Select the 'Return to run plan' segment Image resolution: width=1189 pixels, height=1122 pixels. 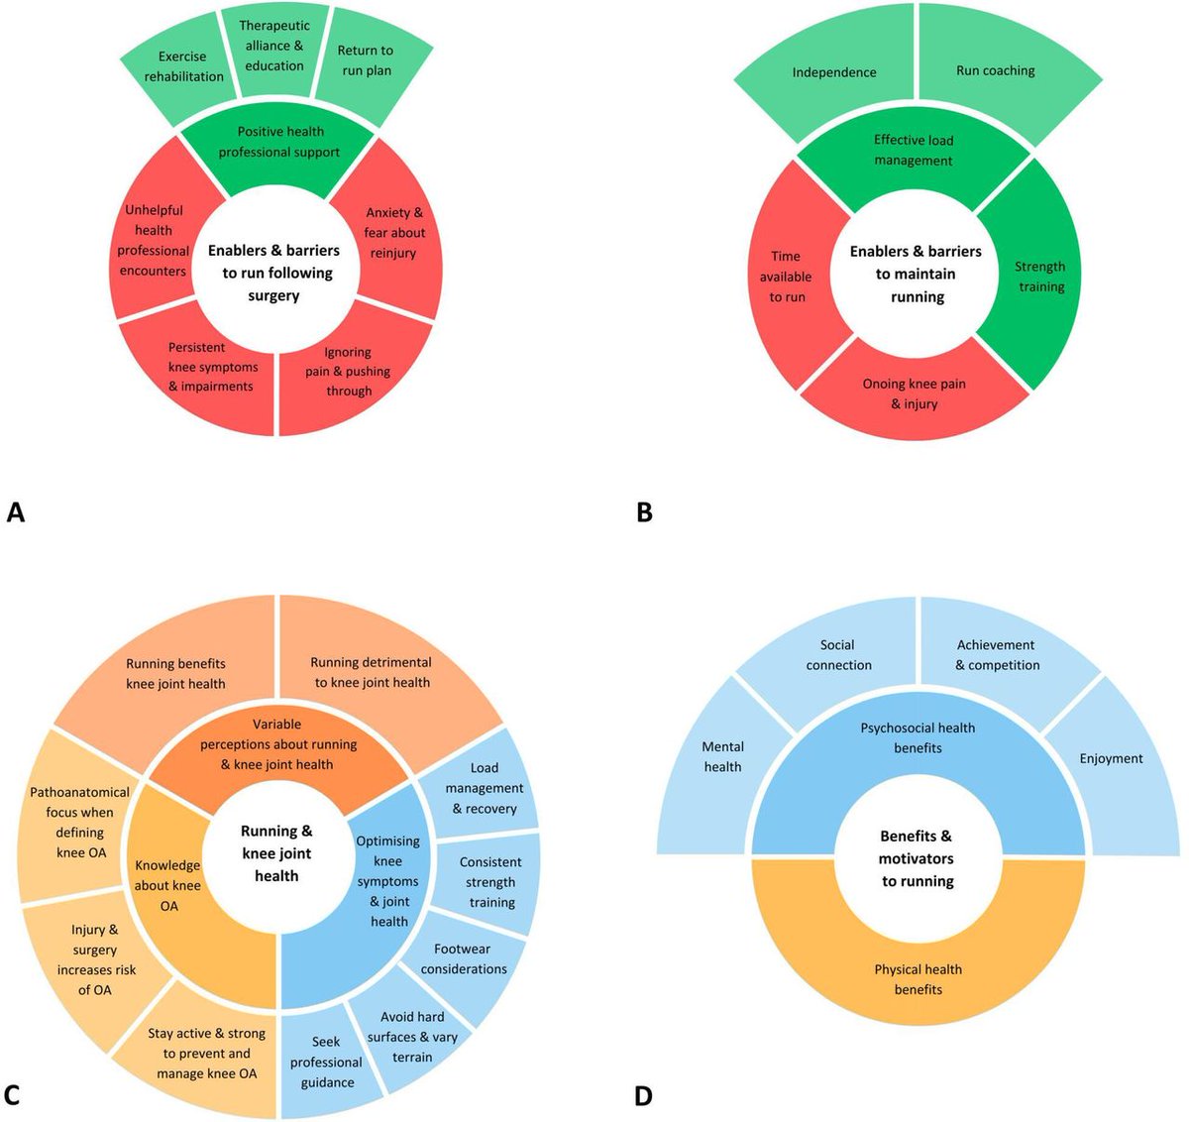click(x=366, y=60)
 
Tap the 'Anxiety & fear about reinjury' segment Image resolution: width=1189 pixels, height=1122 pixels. click(x=393, y=233)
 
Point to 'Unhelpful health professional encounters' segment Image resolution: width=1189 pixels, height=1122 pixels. click(x=154, y=241)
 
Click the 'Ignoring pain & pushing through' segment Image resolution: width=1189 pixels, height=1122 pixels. click(x=348, y=372)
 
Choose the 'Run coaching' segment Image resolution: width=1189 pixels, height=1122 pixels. click(x=995, y=71)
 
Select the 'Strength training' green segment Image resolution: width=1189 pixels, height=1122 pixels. click(x=1039, y=277)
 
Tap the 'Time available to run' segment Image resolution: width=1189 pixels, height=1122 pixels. click(x=786, y=277)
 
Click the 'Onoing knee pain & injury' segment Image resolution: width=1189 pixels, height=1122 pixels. click(x=914, y=393)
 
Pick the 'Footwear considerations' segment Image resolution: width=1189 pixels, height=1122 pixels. click(x=463, y=958)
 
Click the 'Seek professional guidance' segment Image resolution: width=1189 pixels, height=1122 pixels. click(x=326, y=1062)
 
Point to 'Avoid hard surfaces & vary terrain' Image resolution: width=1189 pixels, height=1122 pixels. click(x=412, y=1037)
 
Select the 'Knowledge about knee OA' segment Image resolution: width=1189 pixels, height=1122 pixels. click(x=167, y=885)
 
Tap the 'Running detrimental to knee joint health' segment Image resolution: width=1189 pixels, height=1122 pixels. click(x=372, y=672)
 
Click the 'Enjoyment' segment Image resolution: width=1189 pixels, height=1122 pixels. click(x=1111, y=758)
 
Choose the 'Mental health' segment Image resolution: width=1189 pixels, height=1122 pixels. click(x=722, y=756)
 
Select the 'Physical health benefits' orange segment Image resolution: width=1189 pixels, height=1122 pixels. click(x=918, y=979)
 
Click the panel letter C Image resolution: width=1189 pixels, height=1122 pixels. click(x=13, y=1095)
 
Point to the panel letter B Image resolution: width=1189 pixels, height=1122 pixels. click(x=645, y=513)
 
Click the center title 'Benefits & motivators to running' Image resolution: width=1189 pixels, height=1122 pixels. click(x=918, y=858)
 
